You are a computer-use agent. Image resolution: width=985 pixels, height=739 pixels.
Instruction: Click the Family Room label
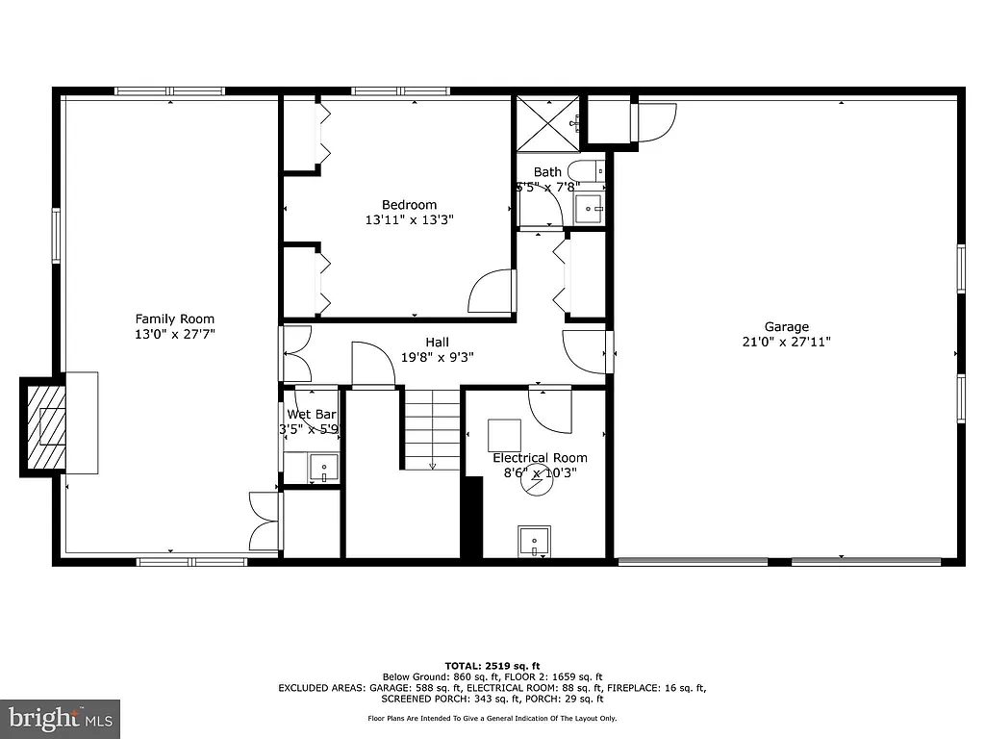click(174, 319)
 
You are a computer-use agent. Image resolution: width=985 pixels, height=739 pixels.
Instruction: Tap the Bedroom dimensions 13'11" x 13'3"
click(409, 219)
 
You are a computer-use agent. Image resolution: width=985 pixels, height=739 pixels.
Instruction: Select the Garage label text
click(786, 326)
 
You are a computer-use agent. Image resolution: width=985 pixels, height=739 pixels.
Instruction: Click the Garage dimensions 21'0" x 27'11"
click(786, 342)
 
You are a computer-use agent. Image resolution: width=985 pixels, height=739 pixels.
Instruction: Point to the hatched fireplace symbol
click(44, 427)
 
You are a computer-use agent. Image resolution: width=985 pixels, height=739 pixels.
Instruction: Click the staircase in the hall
click(431, 429)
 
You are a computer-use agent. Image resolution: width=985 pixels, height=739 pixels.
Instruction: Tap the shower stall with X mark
click(548, 123)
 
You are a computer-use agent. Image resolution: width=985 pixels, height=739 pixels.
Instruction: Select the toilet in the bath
click(590, 170)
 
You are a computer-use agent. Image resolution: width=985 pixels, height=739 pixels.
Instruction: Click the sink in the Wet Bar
click(323, 470)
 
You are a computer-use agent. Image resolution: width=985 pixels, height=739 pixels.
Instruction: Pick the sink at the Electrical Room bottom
click(534, 541)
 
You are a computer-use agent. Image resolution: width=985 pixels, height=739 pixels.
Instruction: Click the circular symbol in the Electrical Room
click(537, 482)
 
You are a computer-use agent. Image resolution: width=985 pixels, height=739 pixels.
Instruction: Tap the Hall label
click(437, 342)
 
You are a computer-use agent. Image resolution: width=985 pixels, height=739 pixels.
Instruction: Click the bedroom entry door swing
click(492, 291)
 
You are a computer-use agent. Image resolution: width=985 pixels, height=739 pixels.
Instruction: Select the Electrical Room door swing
click(551, 408)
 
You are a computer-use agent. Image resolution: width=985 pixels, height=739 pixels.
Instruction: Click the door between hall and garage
click(586, 351)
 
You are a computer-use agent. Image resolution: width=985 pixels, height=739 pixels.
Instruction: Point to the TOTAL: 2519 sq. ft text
click(492, 665)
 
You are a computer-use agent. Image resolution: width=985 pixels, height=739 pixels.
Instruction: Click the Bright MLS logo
click(60, 718)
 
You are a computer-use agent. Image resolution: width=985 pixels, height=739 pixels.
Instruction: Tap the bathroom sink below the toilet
click(589, 206)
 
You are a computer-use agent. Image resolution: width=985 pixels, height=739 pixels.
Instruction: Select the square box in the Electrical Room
click(504, 434)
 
